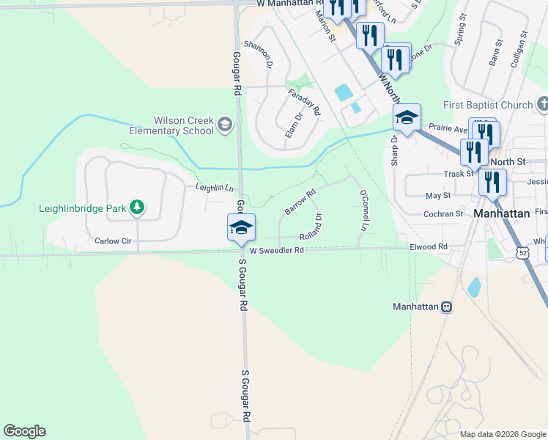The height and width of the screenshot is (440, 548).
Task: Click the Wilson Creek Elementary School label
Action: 183,125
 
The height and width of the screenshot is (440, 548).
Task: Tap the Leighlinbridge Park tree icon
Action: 137,208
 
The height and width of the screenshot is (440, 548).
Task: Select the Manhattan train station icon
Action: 445,307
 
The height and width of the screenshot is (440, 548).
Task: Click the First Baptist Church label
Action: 487,105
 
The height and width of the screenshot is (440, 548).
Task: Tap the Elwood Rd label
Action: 429,247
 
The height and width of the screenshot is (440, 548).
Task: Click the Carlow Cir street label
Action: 112,241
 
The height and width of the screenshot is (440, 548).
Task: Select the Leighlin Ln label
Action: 214,188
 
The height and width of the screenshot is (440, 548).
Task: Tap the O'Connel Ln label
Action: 363,211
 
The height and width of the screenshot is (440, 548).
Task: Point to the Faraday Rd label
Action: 304,103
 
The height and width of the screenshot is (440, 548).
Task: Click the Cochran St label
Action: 444,213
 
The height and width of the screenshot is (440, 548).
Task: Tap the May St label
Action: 438,196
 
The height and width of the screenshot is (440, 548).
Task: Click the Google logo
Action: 24,431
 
